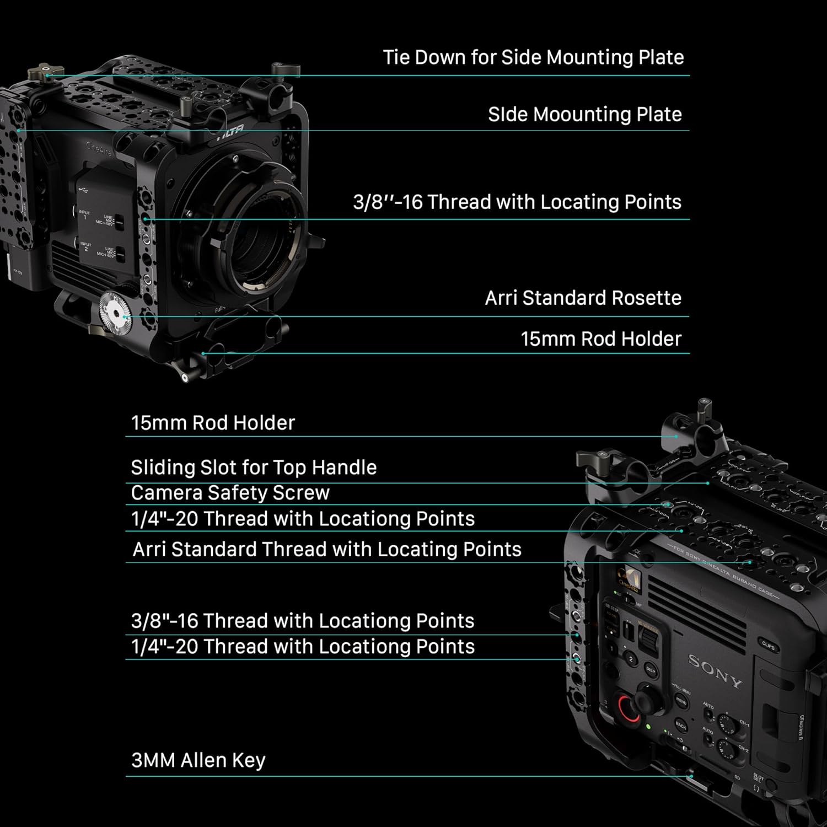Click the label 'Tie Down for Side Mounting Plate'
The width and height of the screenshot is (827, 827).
click(x=533, y=57)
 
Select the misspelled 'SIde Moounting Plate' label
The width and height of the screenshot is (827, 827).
click(x=584, y=114)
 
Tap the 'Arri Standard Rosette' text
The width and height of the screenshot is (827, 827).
click(x=583, y=298)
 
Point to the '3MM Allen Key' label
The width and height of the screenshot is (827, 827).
click(x=198, y=760)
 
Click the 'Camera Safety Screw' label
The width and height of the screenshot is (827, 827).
click(x=230, y=493)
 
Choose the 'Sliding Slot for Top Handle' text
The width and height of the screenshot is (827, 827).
click(x=254, y=468)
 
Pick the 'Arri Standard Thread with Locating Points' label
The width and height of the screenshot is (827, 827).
click(x=327, y=549)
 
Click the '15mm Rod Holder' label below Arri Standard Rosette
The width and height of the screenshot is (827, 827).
click(x=601, y=339)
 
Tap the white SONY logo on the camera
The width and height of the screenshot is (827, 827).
click(x=715, y=671)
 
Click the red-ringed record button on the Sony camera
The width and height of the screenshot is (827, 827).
click(x=629, y=708)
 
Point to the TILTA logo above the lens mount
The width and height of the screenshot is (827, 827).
click(x=230, y=133)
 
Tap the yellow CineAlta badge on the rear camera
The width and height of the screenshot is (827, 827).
click(x=627, y=579)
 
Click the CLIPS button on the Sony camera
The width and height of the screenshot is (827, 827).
click(x=767, y=646)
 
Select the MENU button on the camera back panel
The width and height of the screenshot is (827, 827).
click(x=681, y=701)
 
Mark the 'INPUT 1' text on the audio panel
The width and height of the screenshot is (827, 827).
click(x=84, y=214)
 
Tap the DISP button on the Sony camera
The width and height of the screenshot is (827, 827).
click(x=651, y=670)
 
